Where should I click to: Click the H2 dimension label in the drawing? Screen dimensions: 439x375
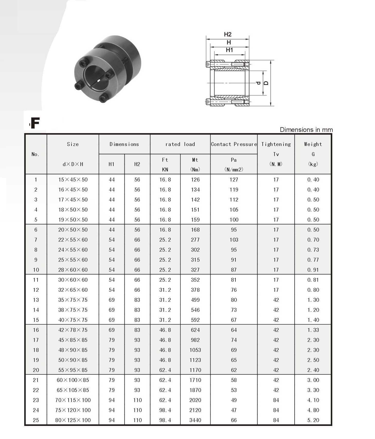point(228,34)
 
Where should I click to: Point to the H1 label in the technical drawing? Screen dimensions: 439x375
point(229,50)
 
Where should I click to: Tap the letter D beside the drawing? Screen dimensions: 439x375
point(266,83)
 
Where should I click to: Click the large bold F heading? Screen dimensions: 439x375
point(35,123)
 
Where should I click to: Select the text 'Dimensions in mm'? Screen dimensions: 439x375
point(306,130)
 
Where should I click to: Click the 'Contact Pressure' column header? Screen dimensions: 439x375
point(234,144)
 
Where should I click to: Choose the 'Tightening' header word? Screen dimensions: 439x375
point(276,144)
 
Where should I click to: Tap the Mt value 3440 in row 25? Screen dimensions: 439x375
point(195,420)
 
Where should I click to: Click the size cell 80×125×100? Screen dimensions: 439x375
point(73,420)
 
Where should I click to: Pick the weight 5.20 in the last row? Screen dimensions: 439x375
point(313,420)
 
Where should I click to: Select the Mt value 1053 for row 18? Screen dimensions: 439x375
point(195,350)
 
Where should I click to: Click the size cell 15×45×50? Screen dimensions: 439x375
point(73,180)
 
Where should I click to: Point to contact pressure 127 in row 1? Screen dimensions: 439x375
point(234,180)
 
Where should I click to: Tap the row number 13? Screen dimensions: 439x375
point(36,300)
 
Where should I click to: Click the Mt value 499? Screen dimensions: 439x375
point(195,300)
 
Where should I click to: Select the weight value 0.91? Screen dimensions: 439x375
point(313,270)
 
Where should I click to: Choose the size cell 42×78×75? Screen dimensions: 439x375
point(73,330)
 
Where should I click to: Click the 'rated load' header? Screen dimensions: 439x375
point(180,144)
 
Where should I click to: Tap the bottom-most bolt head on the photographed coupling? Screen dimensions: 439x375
point(104,97)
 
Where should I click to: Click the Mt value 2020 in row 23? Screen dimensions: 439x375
point(195,400)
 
